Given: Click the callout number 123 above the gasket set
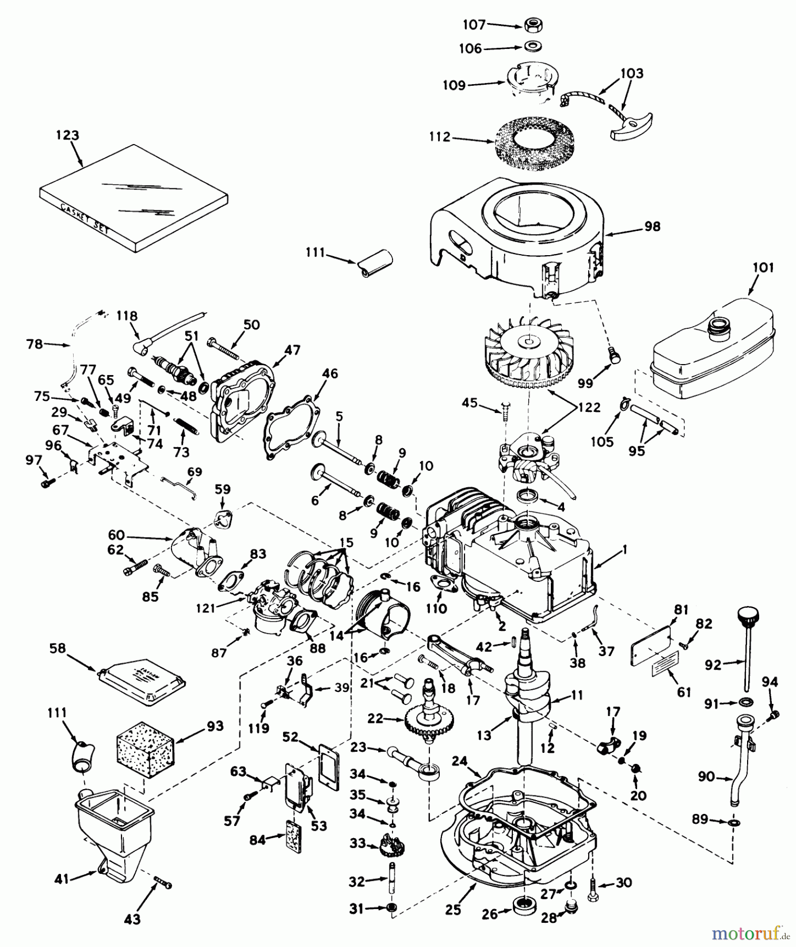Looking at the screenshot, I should pos(68,135).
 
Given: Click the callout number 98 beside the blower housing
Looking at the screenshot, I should pos(652,227).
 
